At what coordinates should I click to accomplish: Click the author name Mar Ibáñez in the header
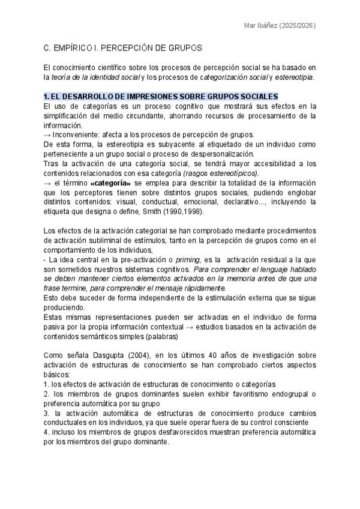point(262,26)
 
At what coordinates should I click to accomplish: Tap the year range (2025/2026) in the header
point(298,26)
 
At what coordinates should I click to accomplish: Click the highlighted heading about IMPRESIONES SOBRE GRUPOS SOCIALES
point(161,96)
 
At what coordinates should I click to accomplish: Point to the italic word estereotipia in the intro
point(296,77)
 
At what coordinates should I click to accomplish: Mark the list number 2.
point(46,394)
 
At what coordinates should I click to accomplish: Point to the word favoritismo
point(224,394)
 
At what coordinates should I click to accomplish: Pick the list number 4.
point(46,433)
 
